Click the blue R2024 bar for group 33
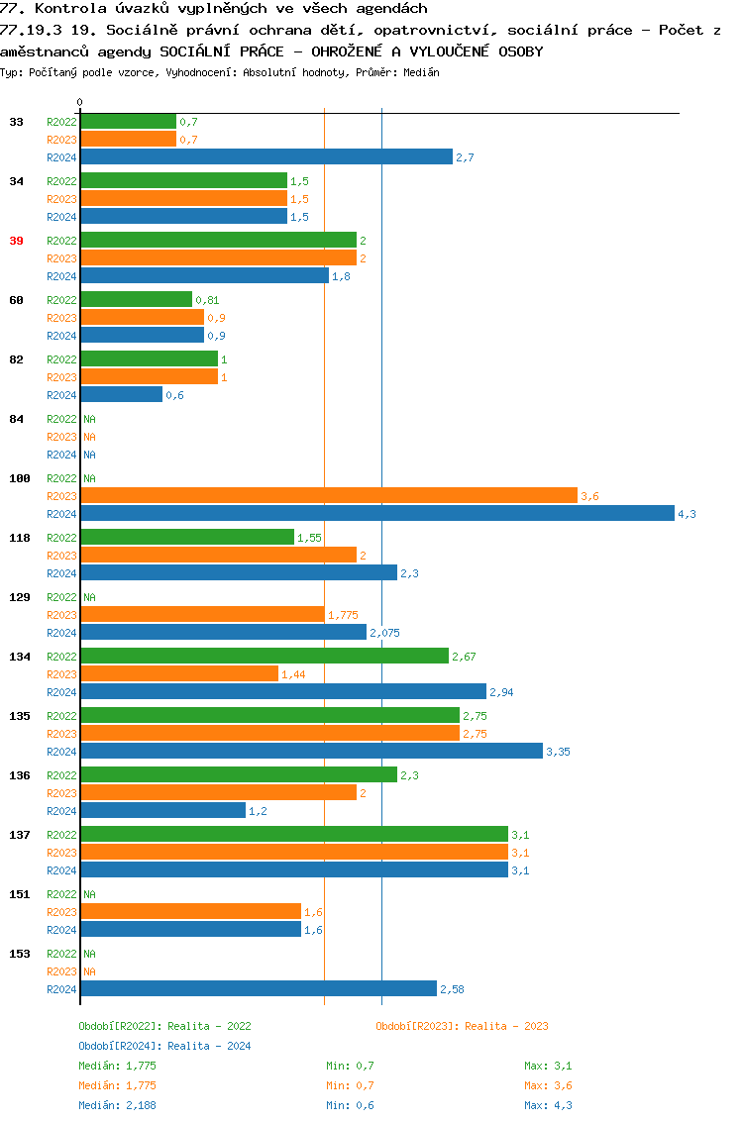(266, 156)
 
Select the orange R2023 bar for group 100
(328, 495)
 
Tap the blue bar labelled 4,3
(376, 513)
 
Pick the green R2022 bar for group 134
(264, 656)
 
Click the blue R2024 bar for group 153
(258, 988)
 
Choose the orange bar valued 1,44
(179, 673)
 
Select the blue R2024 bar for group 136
(162, 810)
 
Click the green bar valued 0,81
(136, 299)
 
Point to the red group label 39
(17, 241)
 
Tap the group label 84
(17, 419)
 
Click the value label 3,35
(558, 752)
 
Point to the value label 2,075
(385, 633)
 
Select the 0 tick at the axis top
(80, 102)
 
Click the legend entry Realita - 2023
(462, 1026)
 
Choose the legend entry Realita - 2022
(164, 1026)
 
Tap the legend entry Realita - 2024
(164, 1046)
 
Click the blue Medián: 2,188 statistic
(117, 1105)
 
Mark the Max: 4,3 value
(548, 1105)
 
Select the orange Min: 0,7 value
(350, 1085)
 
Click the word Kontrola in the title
(65, 8)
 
